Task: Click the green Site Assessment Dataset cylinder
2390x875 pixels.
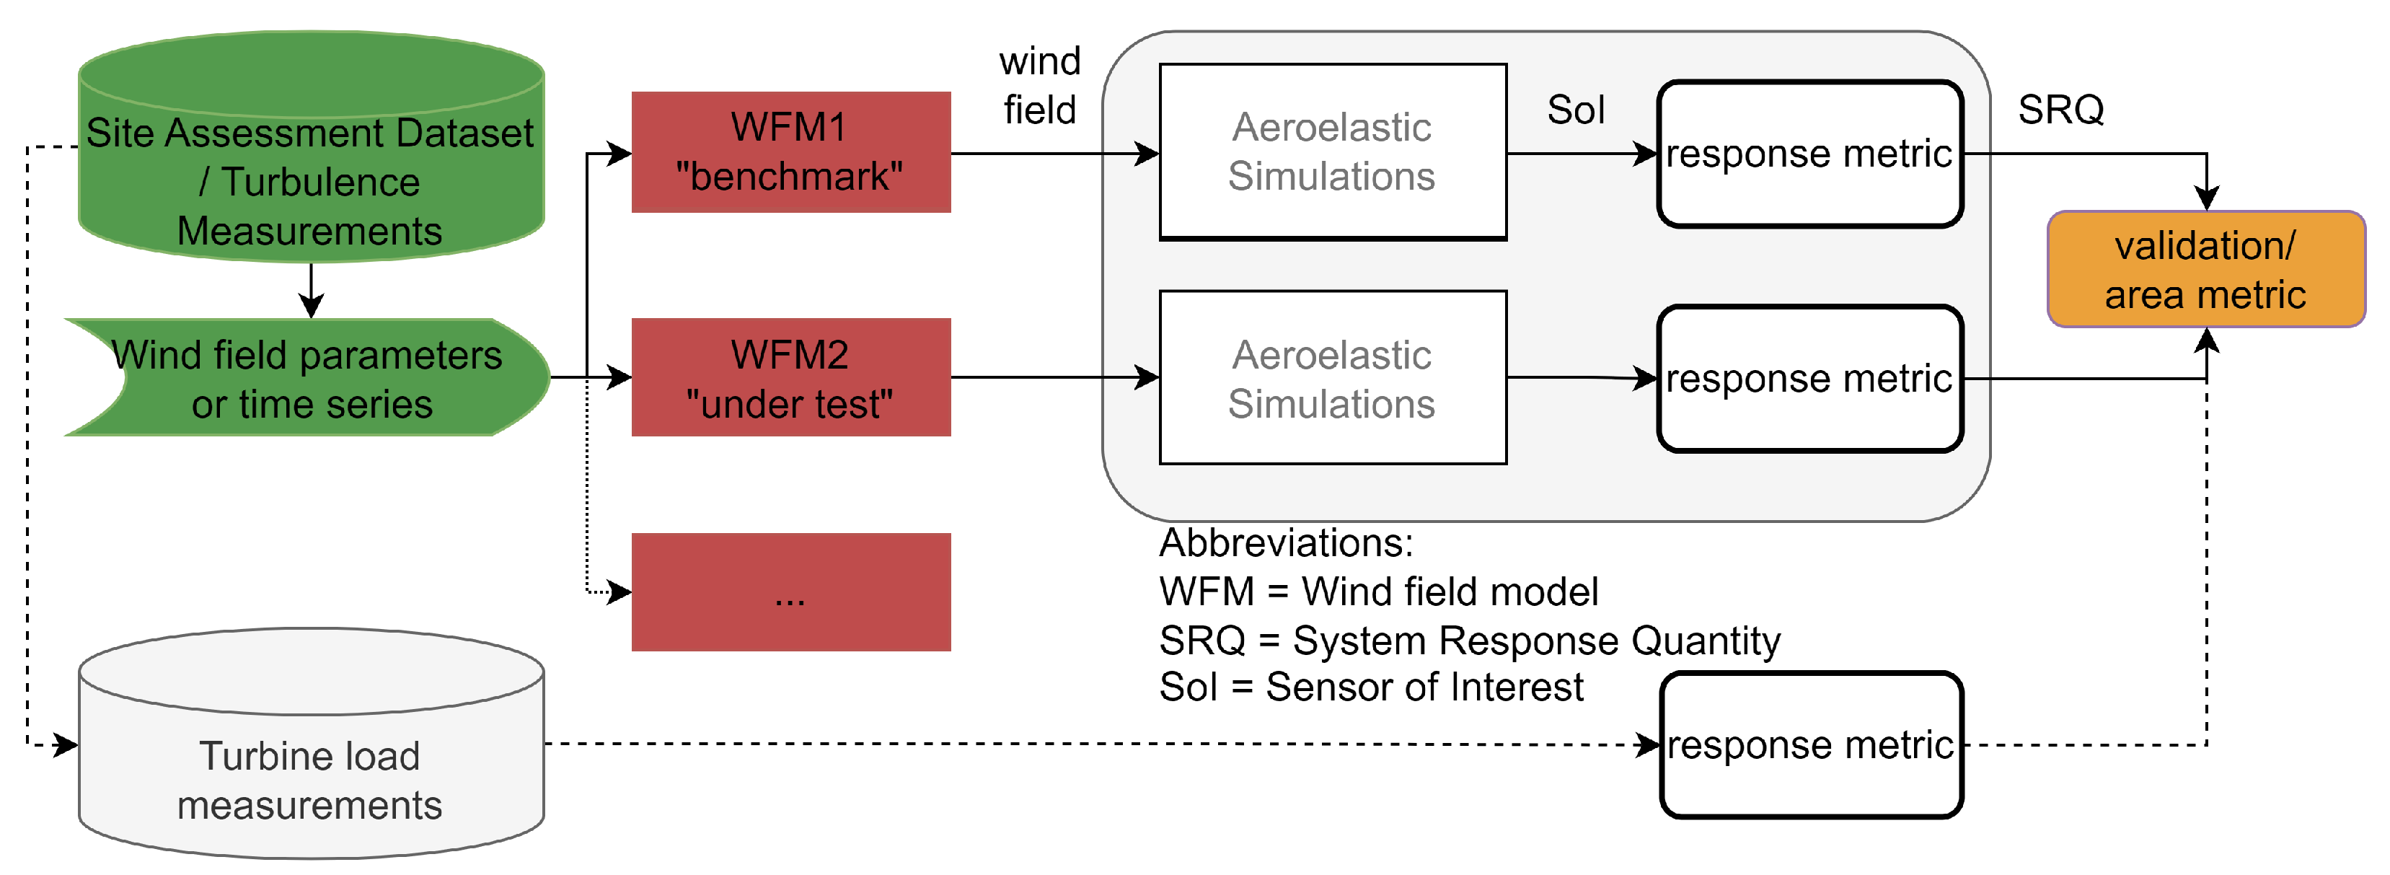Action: [x=311, y=149]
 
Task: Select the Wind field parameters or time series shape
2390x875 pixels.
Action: [x=311, y=378]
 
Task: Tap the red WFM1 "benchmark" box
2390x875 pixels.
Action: [x=790, y=152]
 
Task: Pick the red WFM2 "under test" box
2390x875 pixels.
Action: [x=790, y=378]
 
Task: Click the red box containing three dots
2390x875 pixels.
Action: [x=790, y=592]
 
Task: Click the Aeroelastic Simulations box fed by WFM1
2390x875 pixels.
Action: [x=1332, y=152]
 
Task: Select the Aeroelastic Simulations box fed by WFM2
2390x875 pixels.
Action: [x=1332, y=378]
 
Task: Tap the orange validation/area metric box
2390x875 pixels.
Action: [x=2205, y=270]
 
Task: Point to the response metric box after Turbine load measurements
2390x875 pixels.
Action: [x=1810, y=745]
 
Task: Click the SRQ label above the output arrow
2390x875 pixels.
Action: [x=2060, y=110]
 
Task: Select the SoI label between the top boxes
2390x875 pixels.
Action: [x=1575, y=110]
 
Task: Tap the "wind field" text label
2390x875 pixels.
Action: [x=1040, y=85]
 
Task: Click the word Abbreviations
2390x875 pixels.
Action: [x=1286, y=542]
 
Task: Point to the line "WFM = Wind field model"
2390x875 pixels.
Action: [x=1379, y=592]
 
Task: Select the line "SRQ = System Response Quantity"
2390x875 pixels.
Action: [x=1470, y=641]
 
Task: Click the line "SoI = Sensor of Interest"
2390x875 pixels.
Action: [x=1371, y=687]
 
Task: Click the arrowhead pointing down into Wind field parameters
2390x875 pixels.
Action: [x=311, y=306]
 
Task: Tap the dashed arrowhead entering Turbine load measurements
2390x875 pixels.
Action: [x=67, y=744]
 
